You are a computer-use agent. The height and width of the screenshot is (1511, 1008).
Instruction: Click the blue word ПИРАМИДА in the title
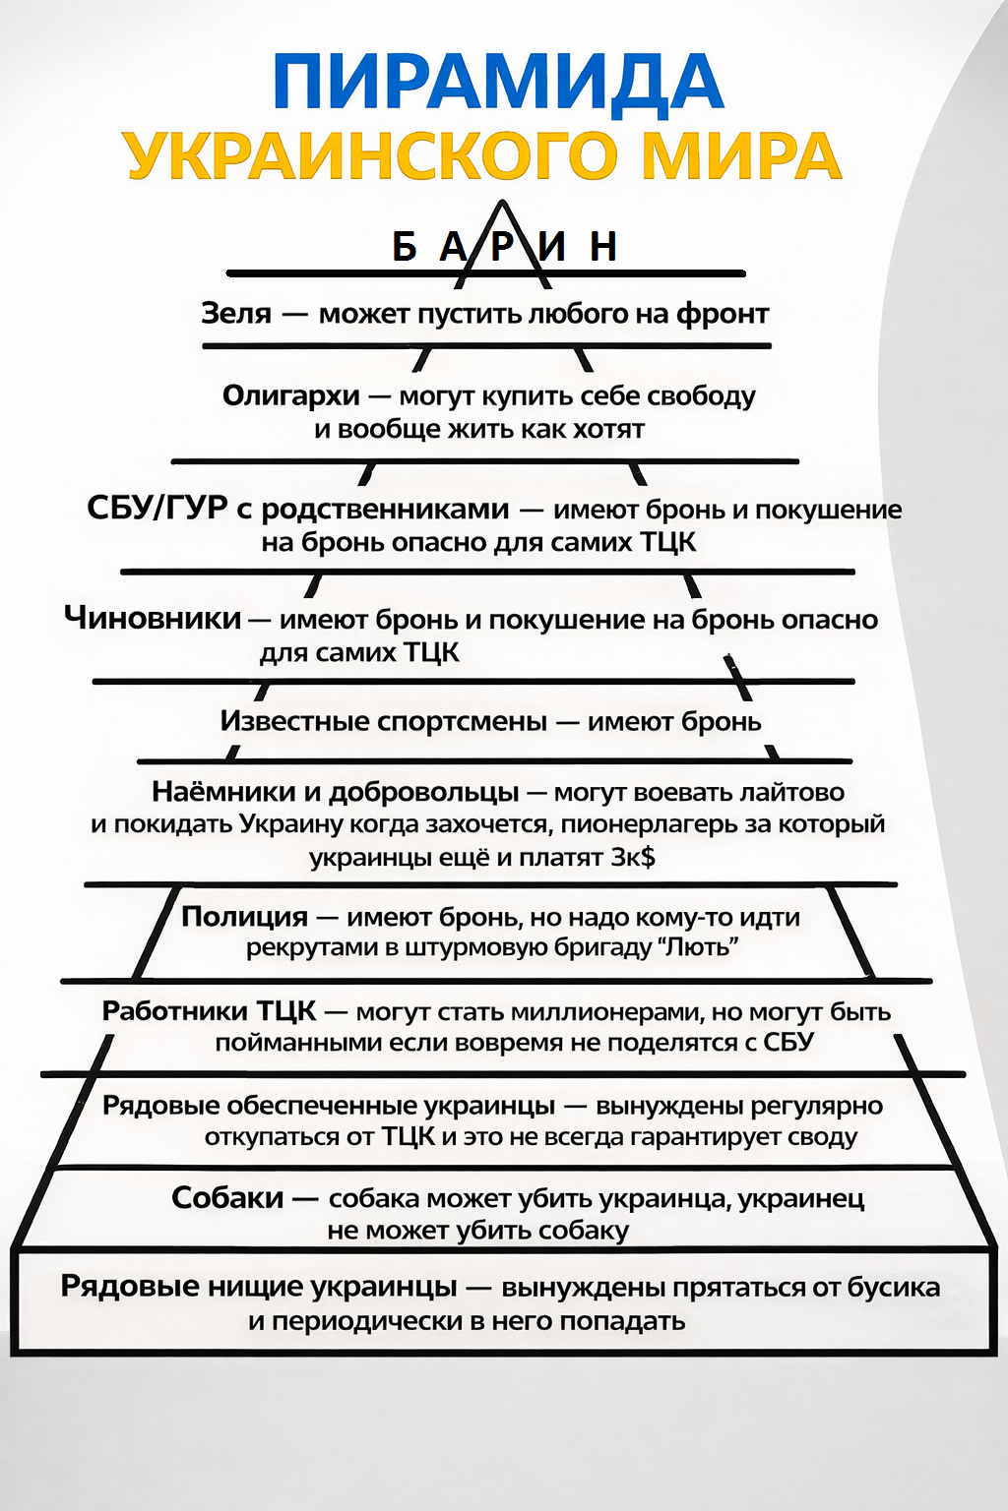(x=498, y=81)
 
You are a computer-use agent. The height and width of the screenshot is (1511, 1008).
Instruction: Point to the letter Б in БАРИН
(x=404, y=247)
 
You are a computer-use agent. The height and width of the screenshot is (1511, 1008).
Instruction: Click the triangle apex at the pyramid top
(x=503, y=205)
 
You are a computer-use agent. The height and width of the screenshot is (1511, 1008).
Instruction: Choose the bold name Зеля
(x=236, y=313)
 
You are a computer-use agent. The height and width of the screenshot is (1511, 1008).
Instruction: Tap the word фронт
(x=722, y=314)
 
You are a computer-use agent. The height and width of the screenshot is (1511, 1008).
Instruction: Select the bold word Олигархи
(x=291, y=395)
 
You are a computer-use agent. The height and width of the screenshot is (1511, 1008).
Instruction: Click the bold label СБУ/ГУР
(x=157, y=509)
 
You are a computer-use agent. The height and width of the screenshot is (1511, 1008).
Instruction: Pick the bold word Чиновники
(x=153, y=618)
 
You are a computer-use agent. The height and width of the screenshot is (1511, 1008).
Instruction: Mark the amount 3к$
(x=633, y=857)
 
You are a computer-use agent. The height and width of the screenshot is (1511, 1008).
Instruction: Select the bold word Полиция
(x=245, y=917)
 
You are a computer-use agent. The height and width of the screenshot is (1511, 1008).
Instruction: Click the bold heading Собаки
(x=227, y=1198)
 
